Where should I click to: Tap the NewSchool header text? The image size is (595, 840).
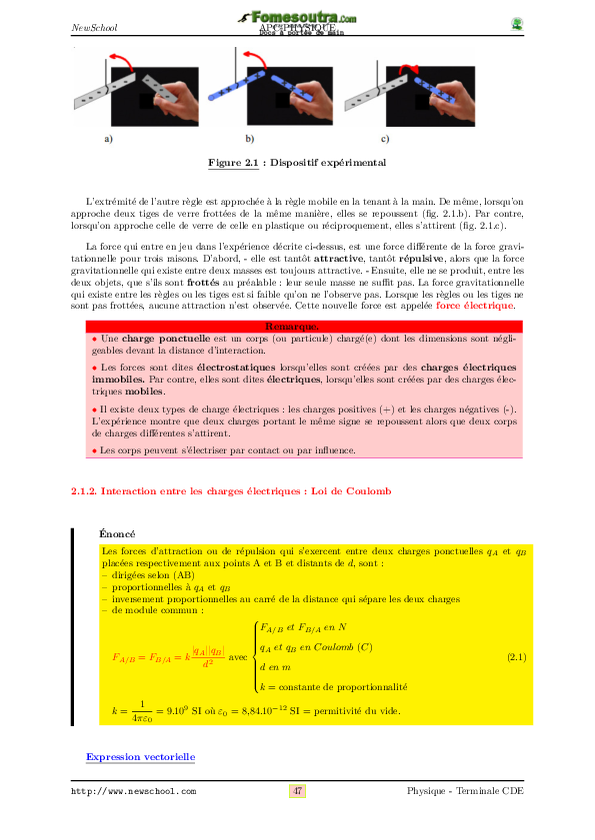95,27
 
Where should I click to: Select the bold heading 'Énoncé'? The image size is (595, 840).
118,535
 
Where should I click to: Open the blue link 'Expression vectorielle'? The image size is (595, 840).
140,757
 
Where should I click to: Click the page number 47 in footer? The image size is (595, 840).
297,791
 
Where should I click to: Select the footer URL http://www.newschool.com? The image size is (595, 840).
133,792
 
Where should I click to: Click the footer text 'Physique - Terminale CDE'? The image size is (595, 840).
465,791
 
